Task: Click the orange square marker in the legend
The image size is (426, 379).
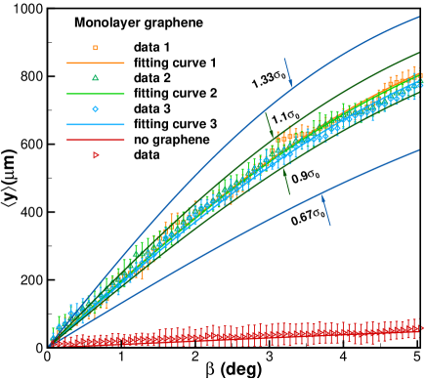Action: point(95,47)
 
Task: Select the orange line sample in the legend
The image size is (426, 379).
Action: point(95,63)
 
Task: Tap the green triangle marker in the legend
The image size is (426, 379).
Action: point(95,78)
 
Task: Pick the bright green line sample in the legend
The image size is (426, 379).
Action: point(95,94)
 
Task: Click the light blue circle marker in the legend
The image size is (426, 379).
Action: point(95,109)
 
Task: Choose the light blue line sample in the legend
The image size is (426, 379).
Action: point(95,124)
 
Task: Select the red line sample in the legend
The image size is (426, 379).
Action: point(95,140)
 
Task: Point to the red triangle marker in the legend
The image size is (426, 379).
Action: point(96,155)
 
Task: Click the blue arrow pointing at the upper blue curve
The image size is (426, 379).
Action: point(288,73)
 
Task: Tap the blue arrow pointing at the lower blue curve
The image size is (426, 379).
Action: point(325,209)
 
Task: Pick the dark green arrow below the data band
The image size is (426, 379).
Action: point(285,181)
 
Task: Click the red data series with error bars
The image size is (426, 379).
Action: point(244,336)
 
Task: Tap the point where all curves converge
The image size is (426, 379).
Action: point(51,343)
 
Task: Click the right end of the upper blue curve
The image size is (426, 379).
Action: point(418,18)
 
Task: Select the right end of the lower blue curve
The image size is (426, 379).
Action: point(418,150)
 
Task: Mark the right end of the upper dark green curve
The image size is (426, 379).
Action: point(418,54)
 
